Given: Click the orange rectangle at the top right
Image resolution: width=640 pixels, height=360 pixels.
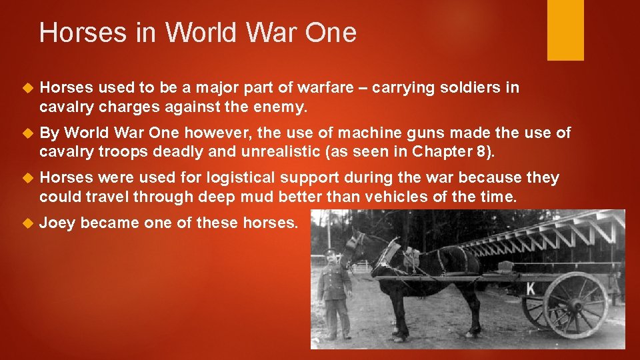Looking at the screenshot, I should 565,30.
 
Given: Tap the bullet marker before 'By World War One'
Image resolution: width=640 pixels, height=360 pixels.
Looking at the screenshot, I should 27,133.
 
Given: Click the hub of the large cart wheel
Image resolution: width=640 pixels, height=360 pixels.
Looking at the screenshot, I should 575,305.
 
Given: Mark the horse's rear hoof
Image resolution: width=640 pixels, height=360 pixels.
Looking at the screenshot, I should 475,333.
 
